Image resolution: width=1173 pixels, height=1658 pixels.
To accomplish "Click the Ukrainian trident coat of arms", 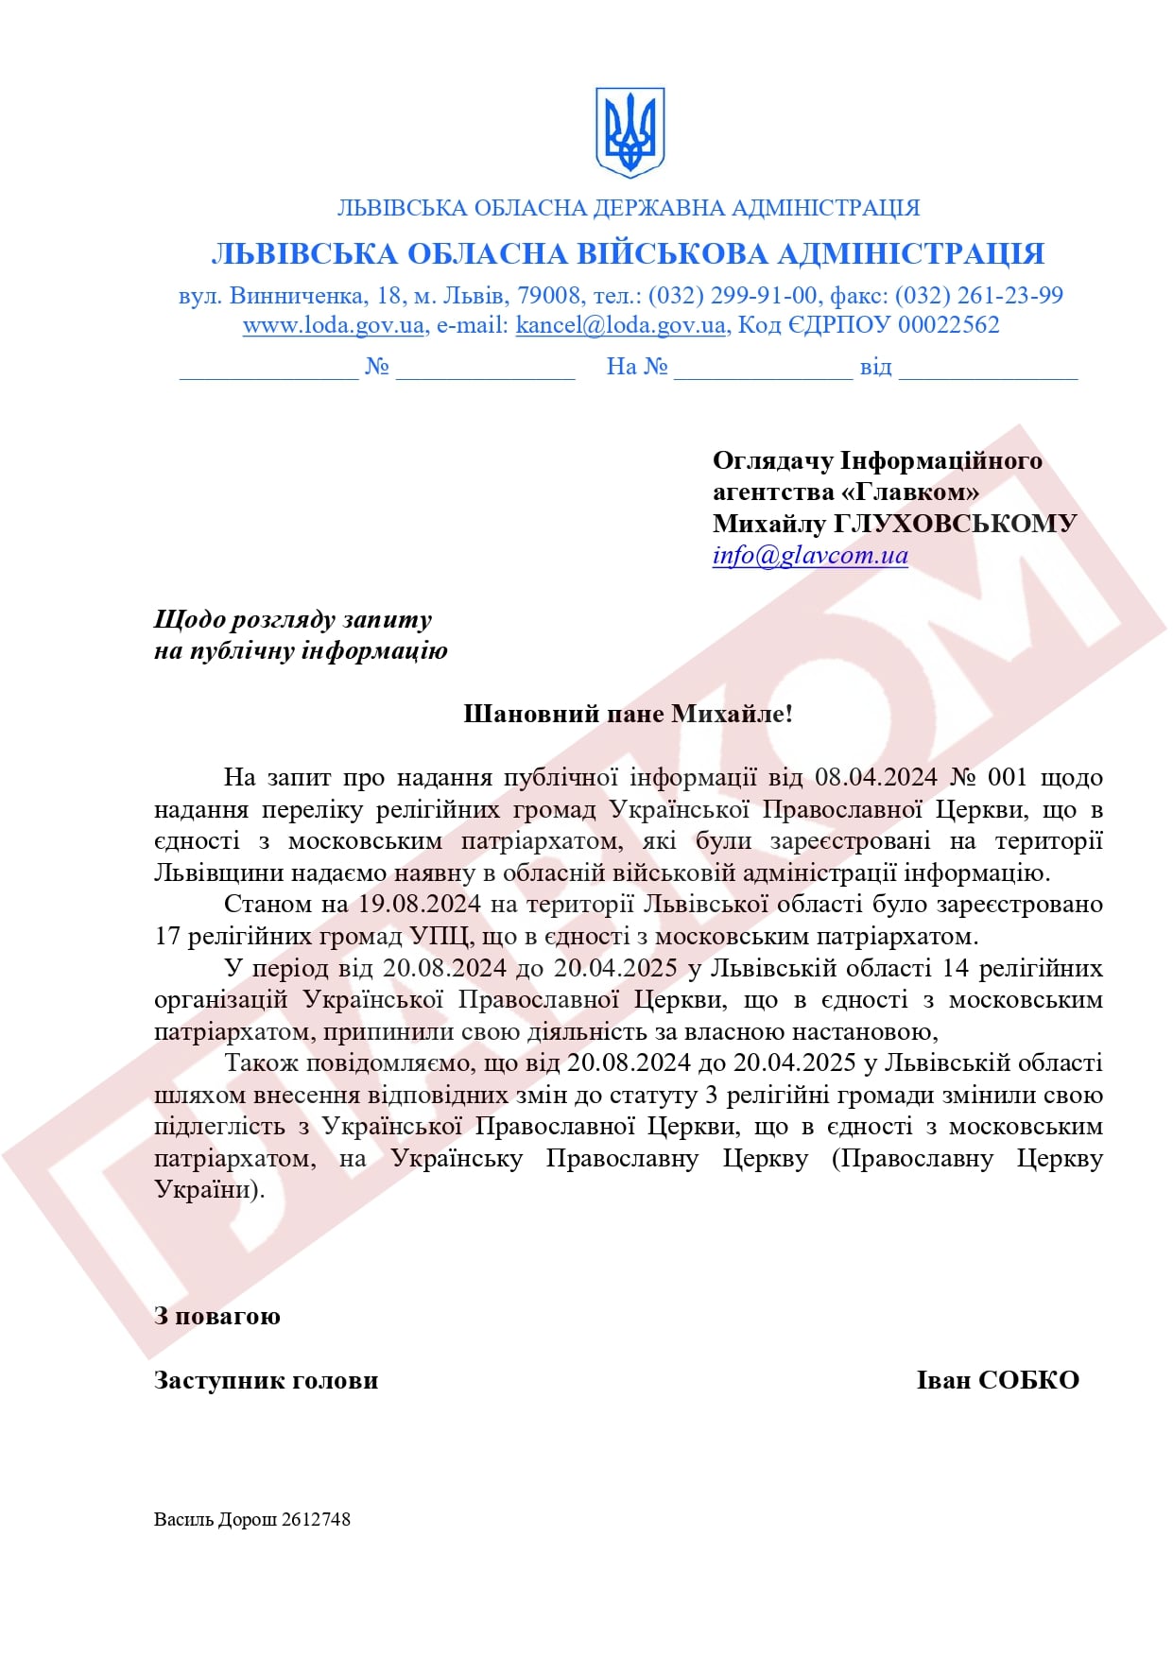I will [x=630, y=132].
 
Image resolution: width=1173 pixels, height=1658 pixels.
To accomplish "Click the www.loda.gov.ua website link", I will [x=333, y=325].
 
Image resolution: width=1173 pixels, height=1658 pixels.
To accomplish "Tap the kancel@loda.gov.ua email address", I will [x=620, y=325].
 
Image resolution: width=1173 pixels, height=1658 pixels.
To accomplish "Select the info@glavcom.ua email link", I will [x=810, y=555].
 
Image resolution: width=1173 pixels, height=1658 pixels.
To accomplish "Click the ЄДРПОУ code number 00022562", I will [x=948, y=325].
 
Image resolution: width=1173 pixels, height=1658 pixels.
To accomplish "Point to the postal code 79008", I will [x=548, y=295].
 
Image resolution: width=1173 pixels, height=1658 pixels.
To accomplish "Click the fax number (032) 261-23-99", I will [x=979, y=295].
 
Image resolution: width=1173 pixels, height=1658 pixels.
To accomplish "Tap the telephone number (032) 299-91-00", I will [x=733, y=295].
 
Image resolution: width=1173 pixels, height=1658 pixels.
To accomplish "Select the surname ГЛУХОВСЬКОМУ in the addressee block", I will [x=955, y=524].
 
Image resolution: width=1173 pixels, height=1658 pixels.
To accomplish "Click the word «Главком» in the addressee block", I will [x=909, y=492].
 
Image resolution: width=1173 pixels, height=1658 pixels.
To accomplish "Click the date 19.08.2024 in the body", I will [x=419, y=905].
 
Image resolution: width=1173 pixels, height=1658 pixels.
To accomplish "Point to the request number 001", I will [x=1007, y=778].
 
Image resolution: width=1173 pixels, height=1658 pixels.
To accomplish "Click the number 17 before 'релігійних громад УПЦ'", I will [x=167, y=937].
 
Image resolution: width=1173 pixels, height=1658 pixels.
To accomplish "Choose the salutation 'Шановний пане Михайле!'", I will [x=628, y=714].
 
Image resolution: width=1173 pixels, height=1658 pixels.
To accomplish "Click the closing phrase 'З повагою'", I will [x=217, y=1317].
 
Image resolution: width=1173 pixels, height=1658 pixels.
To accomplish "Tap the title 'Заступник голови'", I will [x=266, y=1380].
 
